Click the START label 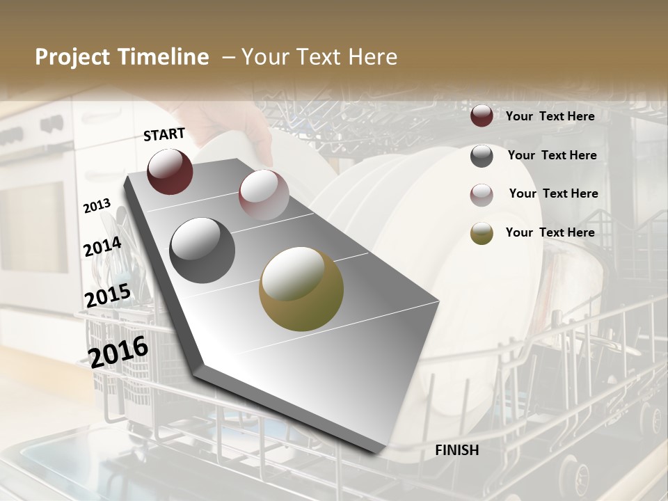click(164, 134)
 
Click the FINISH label click(456, 450)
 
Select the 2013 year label click(97, 206)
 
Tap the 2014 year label click(102, 247)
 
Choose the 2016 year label click(118, 351)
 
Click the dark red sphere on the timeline click(170, 171)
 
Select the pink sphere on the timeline click(264, 194)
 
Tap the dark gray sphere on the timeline click(202, 250)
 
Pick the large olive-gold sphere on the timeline click(301, 289)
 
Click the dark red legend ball click(482, 116)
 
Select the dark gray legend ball click(482, 156)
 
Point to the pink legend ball click(482, 195)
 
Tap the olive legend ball click(482, 233)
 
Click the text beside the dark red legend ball click(550, 116)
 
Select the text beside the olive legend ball click(550, 232)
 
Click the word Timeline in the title click(164, 57)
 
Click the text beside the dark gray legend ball click(552, 155)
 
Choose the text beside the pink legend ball click(553, 193)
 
